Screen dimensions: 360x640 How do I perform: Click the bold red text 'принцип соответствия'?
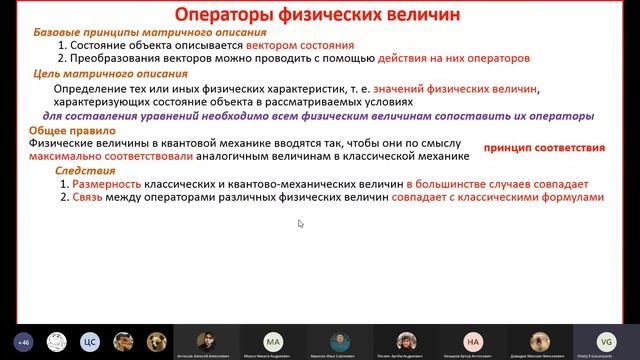coord(543,148)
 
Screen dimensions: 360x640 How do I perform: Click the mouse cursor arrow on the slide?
coord(300,223)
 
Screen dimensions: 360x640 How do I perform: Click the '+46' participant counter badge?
coord(22,340)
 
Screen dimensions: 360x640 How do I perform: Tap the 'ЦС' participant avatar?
coord(87,340)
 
